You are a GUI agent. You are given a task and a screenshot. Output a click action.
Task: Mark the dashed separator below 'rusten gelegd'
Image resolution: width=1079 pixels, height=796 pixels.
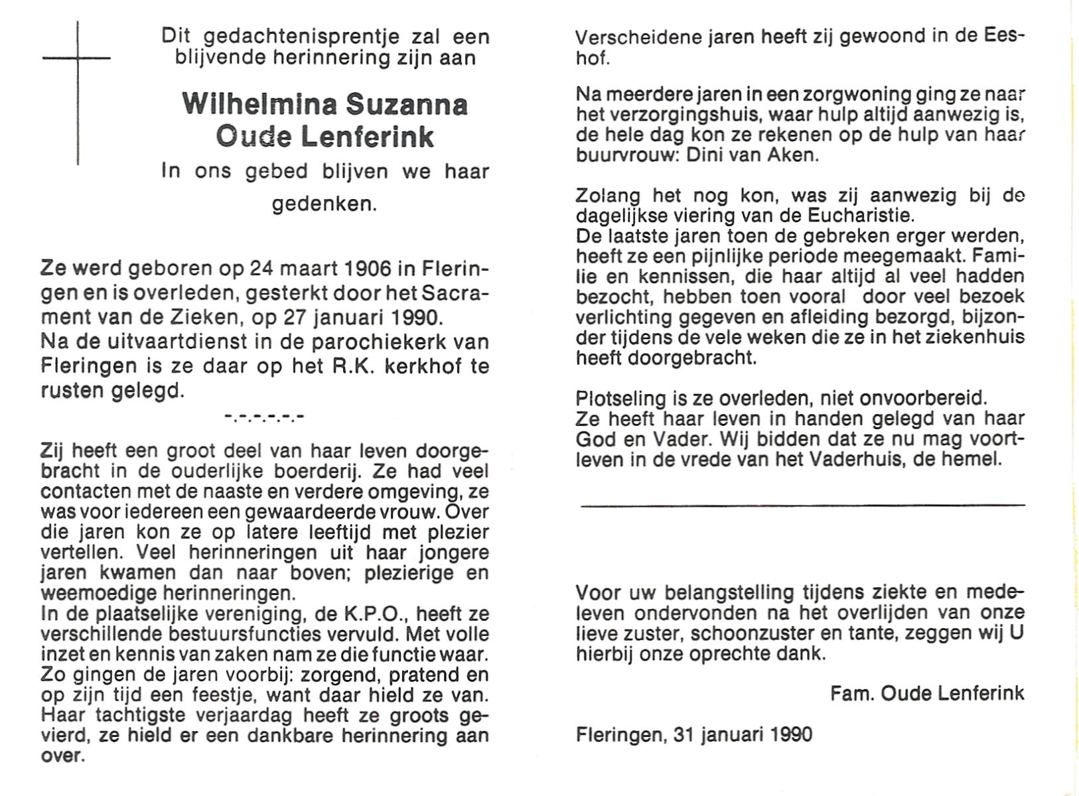pos(264,418)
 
